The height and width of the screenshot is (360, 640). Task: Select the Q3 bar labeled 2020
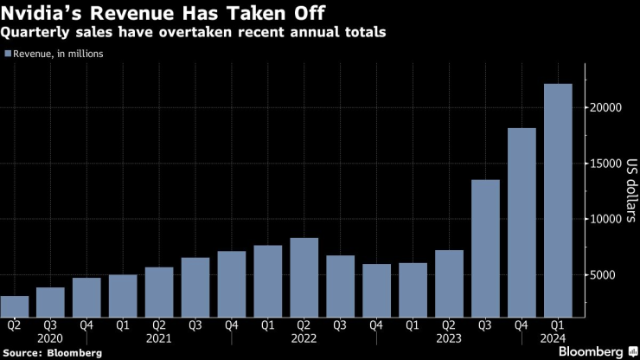click(x=50, y=303)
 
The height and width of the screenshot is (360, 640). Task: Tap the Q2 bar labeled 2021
click(x=159, y=292)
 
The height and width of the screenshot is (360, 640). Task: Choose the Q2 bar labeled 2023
click(x=450, y=284)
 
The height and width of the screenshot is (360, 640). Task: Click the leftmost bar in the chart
click(x=15, y=307)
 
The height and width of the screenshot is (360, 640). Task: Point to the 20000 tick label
click(x=608, y=108)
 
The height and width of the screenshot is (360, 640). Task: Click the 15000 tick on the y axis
click(x=608, y=164)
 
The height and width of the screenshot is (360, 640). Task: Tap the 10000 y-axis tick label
click(x=608, y=220)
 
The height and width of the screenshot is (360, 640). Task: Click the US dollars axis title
click(x=630, y=191)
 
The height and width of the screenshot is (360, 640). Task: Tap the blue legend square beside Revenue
click(x=8, y=54)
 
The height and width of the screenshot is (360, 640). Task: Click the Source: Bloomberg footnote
click(x=52, y=353)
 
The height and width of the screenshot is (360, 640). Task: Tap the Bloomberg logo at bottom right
click(x=592, y=351)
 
